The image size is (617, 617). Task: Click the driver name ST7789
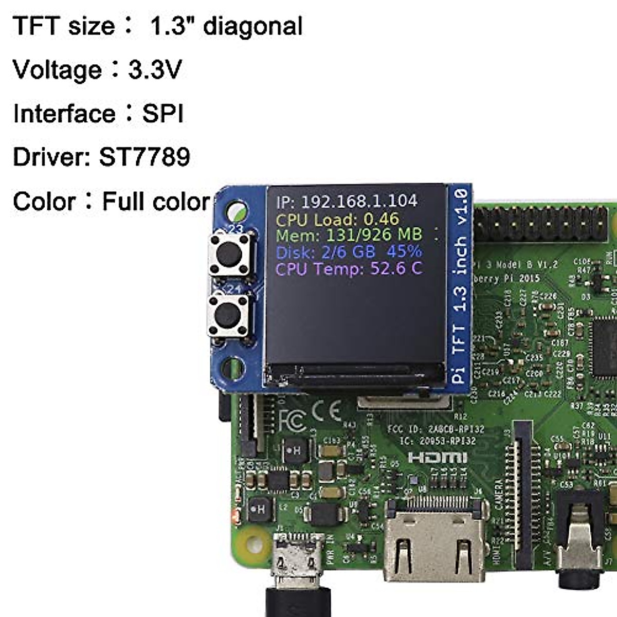point(144,157)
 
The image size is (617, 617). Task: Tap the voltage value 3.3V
point(155,69)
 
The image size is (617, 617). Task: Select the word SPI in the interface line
point(162,114)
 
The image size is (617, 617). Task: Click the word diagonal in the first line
point(252,26)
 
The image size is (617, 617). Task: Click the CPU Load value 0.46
point(381,219)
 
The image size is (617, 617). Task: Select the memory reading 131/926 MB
point(374,235)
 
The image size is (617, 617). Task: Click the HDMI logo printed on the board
point(437,458)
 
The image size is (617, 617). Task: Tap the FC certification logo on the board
point(293,420)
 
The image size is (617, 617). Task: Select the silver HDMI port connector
point(435,545)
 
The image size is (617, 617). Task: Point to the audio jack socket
point(579,545)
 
